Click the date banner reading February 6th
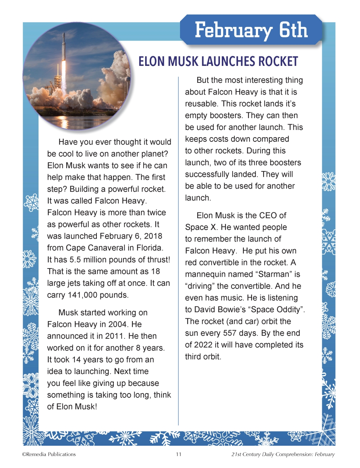tap(251, 30)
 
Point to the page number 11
tap(179, 454)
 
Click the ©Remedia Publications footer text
tap(49, 454)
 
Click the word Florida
tap(149, 248)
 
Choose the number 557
tap(230, 333)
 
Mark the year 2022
tap(203, 345)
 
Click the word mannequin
tap(208, 274)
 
